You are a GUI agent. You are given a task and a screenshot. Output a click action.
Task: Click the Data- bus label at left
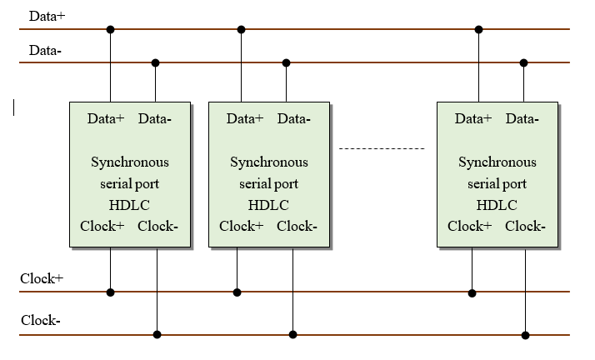(x=44, y=50)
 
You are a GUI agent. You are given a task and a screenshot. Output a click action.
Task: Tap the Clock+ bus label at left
(x=42, y=277)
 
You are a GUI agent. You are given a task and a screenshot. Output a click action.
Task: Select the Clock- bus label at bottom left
(x=40, y=320)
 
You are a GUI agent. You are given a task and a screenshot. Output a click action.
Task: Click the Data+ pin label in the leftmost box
(x=106, y=118)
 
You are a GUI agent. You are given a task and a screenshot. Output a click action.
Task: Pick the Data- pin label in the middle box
(x=294, y=118)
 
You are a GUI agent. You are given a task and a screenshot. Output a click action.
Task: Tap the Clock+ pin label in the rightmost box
(x=469, y=226)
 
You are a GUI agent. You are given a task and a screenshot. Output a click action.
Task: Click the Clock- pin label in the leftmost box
(x=157, y=226)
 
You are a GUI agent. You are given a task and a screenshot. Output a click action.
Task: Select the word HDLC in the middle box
(x=268, y=205)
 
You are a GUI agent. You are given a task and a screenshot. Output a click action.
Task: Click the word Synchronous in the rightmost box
(x=497, y=162)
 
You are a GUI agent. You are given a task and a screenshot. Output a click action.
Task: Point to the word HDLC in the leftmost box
(x=129, y=205)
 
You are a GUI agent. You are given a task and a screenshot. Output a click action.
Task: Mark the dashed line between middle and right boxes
(x=382, y=148)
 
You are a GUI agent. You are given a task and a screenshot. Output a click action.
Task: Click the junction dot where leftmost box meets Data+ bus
(x=110, y=29)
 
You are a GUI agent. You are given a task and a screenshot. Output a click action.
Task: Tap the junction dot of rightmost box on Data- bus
(x=524, y=62)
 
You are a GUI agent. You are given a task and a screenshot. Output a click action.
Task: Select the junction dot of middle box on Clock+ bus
(x=237, y=292)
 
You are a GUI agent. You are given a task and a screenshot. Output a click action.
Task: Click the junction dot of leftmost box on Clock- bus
(x=157, y=335)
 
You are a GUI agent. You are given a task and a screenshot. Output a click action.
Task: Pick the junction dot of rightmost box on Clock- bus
(x=525, y=335)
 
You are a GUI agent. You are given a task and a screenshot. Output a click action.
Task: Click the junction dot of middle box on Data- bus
(x=286, y=62)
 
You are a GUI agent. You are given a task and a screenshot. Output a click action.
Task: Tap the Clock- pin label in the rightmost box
(x=525, y=226)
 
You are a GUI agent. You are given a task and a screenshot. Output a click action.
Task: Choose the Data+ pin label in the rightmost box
(x=473, y=118)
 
